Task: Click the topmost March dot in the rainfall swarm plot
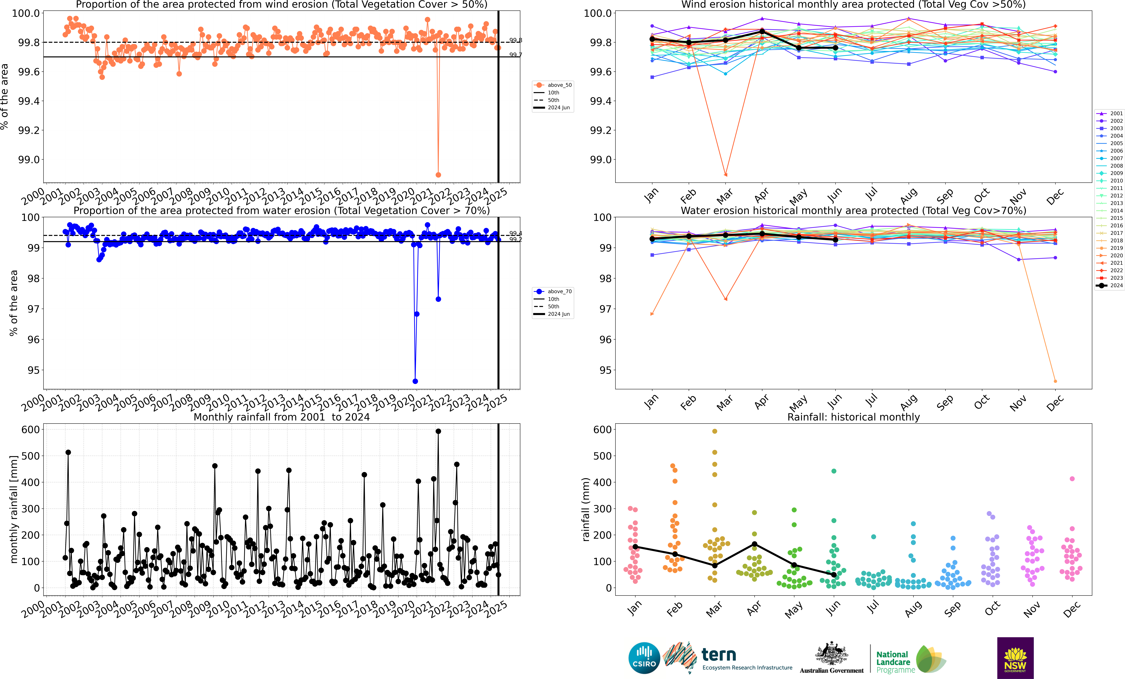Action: (x=715, y=431)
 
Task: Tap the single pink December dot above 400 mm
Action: (x=1072, y=479)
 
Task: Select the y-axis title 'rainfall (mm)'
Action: (x=586, y=509)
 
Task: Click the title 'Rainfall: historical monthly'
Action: (x=853, y=417)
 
